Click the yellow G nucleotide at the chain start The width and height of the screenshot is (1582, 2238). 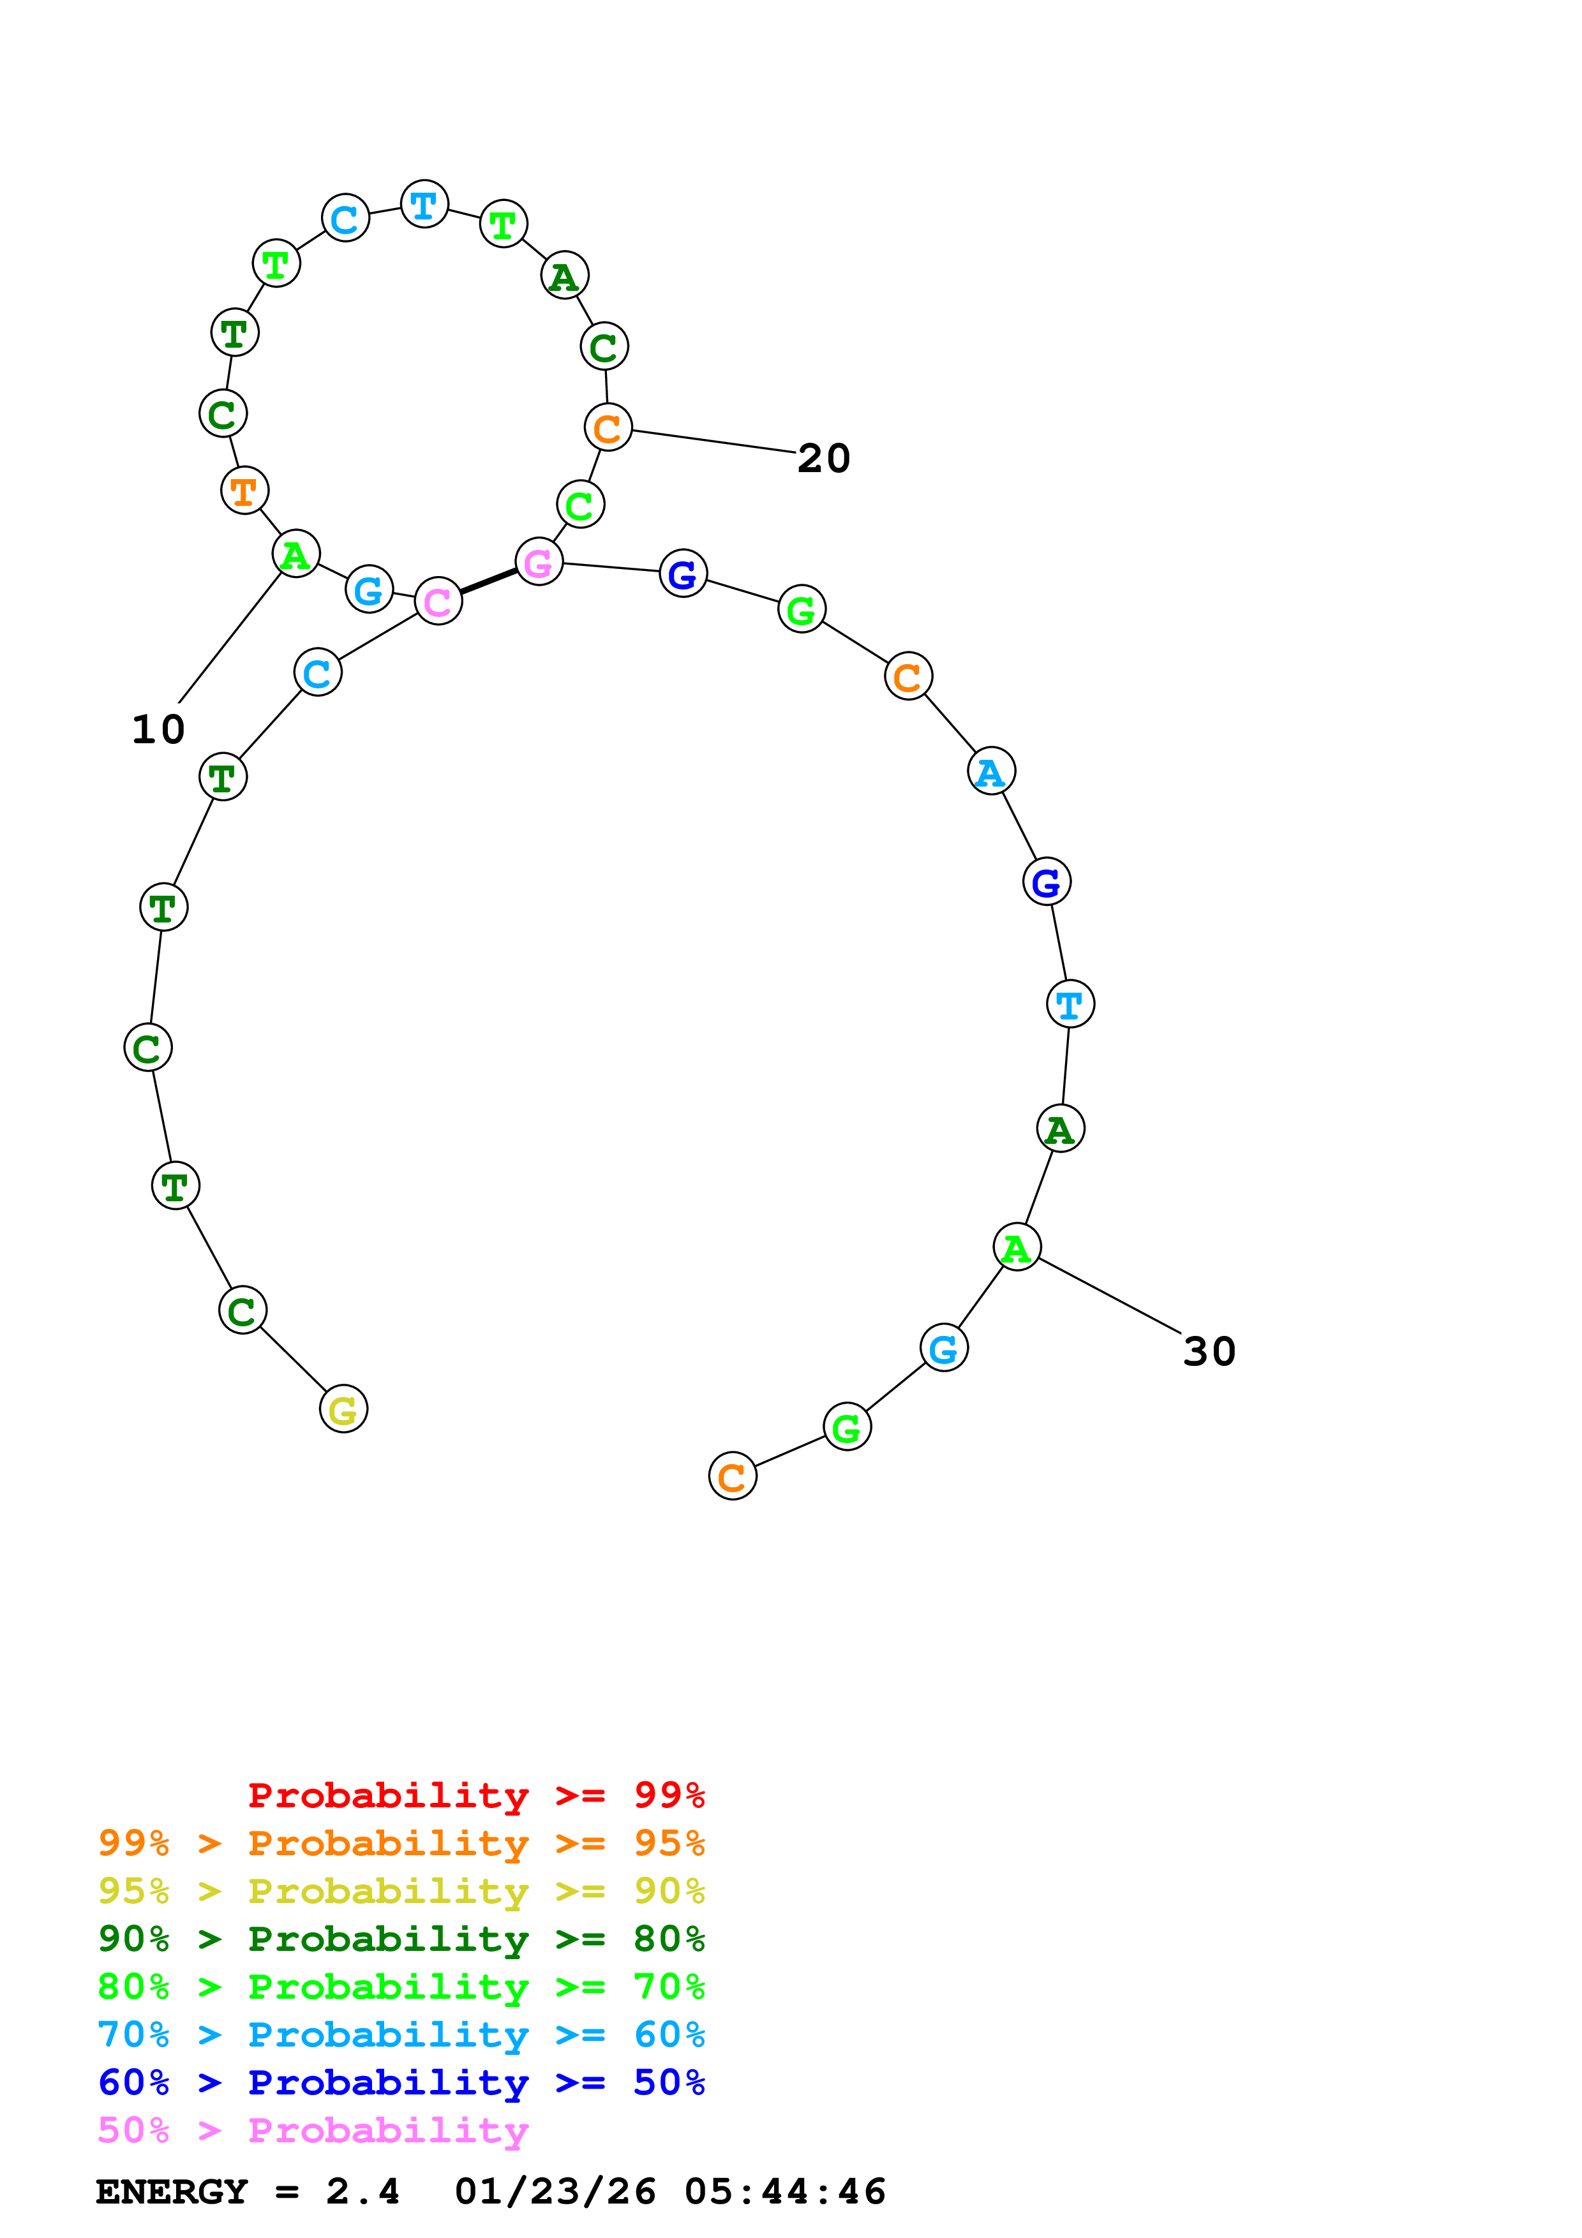pos(343,1409)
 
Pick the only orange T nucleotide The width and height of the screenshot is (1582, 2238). pos(244,491)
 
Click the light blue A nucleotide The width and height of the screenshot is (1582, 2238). pos(991,771)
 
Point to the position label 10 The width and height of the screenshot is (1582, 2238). pos(158,729)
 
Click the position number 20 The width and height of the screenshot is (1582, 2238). pos(824,458)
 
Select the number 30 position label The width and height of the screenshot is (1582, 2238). pos(1209,1351)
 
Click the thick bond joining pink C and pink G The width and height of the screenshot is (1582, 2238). pos(488,581)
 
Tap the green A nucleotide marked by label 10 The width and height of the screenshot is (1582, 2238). pos(295,554)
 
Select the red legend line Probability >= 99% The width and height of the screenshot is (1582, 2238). pos(475,1795)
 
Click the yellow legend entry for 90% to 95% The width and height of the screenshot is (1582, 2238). pos(401,1890)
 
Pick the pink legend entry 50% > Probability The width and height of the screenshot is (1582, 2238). pos(313,2129)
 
